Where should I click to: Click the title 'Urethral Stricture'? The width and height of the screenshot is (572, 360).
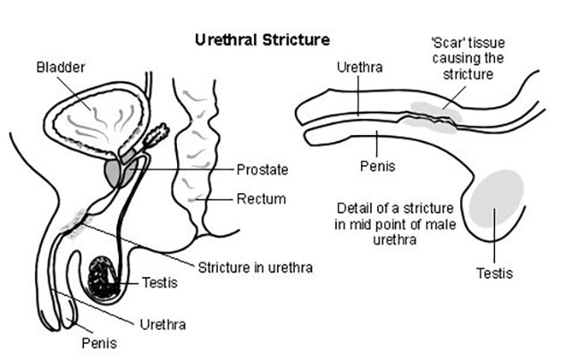pyautogui.click(x=262, y=40)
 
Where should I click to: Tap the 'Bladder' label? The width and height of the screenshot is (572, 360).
pyautogui.click(x=61, y=67)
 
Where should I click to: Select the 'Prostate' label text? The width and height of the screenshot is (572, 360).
pyautogui.click(x=262, y=170)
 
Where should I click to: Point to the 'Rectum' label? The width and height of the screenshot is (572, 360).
pyautogui.click(x=261, y=199)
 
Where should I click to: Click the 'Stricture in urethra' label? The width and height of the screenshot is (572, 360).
pyautogui.click(x=256, y=268)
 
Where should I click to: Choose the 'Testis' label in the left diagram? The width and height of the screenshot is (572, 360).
pyautogui.click(x=159, y=282)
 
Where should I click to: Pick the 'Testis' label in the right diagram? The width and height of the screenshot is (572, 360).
pyautogui.click(x=494, y=273)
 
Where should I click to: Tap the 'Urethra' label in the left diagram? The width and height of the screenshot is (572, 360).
pyautogui.click(x=163, y=324)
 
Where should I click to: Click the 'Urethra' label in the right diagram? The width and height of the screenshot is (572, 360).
pyautogui.click(x=359, y=67)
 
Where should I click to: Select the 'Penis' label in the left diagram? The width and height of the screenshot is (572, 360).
pyautogui.click(x=99, y=343)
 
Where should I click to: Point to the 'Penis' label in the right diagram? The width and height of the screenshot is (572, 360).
pyautogui.click(x=377, y=166)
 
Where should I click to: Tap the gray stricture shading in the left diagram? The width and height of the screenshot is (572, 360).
pyautogui.click(x=74, y=223)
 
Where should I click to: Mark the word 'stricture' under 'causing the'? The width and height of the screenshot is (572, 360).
pyautogui.click(x=468, y=74)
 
